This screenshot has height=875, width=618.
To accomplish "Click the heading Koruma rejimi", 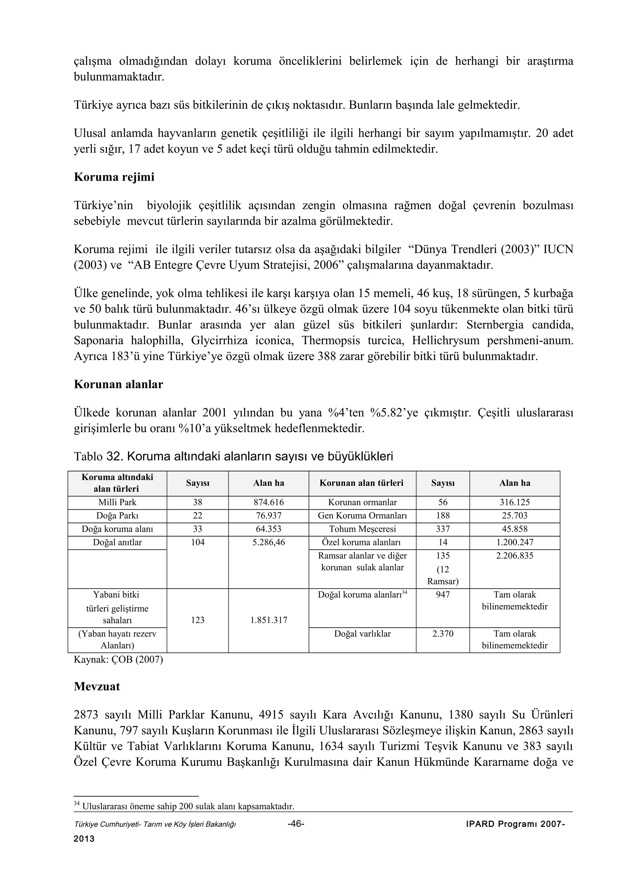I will [x=114, y=177].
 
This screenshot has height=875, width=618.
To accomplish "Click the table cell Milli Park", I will [x=117, y=502].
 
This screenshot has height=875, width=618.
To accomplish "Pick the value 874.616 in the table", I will [x=269, y=502].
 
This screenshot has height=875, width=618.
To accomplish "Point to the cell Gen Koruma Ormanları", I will [x=362, y=516].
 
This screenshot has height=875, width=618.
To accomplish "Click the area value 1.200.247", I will [x=514, y=542].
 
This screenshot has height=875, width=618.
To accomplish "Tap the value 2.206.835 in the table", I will [x=514, y=556].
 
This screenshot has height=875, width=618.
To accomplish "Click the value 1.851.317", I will [x=269, y=620].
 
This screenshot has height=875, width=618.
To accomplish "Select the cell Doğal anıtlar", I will [x=117, y=542].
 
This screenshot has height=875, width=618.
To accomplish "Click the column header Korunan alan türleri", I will [x=362, y=483].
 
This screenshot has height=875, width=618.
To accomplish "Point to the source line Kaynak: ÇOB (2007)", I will [x=118, y=660].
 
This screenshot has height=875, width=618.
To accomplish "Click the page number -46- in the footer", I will [x=296, y=824].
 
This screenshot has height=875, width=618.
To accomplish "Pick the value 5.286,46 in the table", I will [x=269, y=542].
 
